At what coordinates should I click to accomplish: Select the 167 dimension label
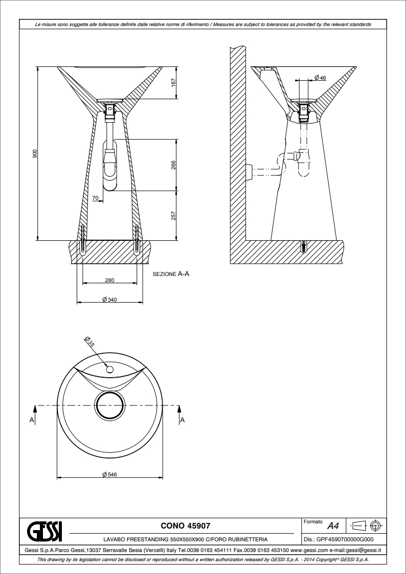click(173, 82)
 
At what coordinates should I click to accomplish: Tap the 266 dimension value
click(173, 165)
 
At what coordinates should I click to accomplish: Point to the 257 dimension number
click(173, 216)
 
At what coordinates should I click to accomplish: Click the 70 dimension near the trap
click(96, 198)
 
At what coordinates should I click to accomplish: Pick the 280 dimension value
click(110, 281)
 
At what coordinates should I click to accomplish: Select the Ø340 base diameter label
click(109, 300)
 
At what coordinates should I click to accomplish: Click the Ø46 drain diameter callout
click(320, 78)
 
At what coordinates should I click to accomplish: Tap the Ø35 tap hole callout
click(89, 341)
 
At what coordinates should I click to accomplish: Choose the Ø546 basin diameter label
click(109, 474)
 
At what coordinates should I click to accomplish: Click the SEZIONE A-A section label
click(171, 273)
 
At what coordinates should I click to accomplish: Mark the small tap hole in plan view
click(109, 370)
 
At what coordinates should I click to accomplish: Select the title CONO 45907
click(186, 525)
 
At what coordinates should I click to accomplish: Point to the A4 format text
click(333, 526)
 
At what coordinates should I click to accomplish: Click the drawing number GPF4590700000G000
click(339, 539)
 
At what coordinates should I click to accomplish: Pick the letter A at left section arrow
click(32, 420)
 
